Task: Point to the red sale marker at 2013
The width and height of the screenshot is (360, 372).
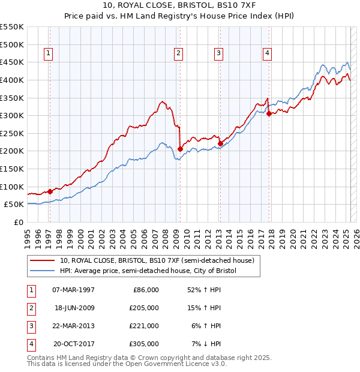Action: [220, 143]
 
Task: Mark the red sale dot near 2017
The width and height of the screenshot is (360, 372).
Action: [269, 113]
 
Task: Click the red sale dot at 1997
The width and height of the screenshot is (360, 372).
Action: [50, 191]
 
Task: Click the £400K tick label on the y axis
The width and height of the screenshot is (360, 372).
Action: [12, 80]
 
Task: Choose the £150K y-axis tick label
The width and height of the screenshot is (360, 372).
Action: [12, 169]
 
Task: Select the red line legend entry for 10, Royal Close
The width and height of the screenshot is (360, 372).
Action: [157, 260]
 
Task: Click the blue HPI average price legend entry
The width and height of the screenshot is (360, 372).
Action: [148, 271]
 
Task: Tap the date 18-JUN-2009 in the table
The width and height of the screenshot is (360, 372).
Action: [74, 308]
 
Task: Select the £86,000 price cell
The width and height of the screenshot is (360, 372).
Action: [146, 290]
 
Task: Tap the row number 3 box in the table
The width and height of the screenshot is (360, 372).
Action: [29, 326]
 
